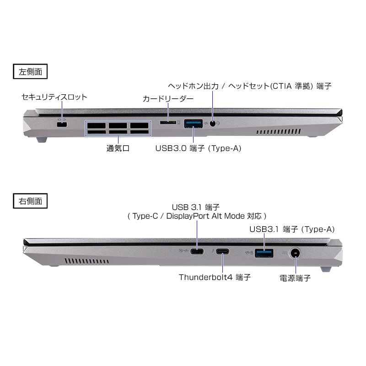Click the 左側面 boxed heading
[30, 71]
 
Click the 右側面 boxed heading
[30, 201]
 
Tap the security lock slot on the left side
[62, 124]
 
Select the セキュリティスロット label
[54, 97]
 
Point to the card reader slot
[168, 122]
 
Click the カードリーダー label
[168, 99]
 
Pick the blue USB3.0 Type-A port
[193, 124]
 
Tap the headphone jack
[212, 124]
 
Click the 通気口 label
[118, 148]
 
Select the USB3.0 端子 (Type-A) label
[198, 148]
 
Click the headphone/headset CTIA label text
[249, 86]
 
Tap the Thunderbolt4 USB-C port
[222, 251]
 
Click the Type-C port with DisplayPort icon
[197, 251]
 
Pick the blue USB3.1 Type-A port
[264, 253]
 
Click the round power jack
[295, 253]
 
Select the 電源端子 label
[295, 278]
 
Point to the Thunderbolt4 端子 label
[215, 277]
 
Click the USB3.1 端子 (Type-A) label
[292, 229]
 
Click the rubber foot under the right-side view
[326, 269]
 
